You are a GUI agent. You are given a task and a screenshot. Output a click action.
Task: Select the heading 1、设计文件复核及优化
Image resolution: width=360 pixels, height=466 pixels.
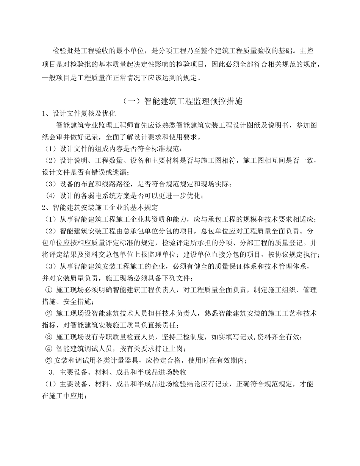79,114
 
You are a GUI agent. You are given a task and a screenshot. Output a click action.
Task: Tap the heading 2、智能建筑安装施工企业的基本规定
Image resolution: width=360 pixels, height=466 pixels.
100,208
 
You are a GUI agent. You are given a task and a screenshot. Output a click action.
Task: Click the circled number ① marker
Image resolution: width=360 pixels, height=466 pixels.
49,290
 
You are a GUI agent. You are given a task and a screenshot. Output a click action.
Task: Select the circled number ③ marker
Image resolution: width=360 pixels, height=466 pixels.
49,337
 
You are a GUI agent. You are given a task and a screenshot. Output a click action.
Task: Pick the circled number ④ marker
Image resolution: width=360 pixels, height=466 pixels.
49,349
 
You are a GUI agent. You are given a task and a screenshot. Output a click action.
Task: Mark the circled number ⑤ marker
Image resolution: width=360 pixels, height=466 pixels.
49,360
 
